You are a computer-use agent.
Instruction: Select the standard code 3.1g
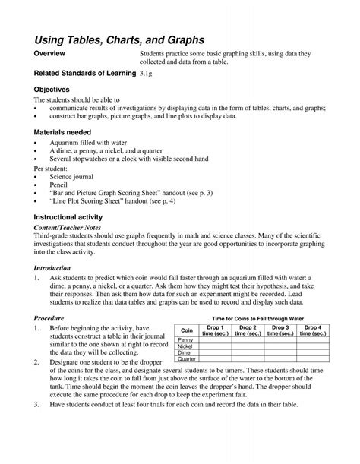coord(151,74)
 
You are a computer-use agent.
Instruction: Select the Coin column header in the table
coord(186,330)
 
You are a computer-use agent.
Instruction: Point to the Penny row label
coord(186,339)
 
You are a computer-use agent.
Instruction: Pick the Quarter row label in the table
coord(186,358)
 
